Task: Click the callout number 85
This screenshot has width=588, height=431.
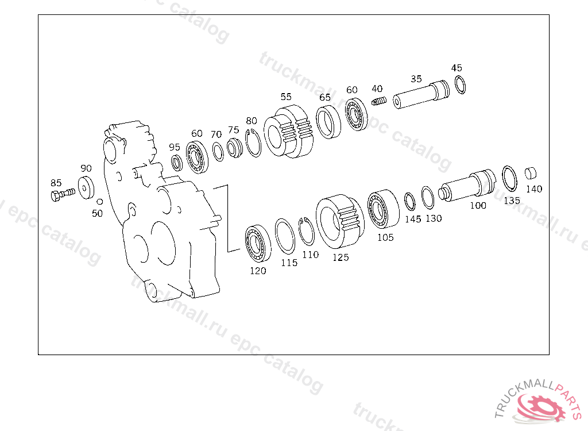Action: [x=56, y=183]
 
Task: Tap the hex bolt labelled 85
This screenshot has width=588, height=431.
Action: [x=62, y=195]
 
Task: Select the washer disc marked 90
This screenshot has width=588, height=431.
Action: [x=86, y=187]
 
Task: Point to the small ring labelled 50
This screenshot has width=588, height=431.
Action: [x=100, y=202]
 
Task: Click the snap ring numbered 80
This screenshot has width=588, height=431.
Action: [x=253, y=143]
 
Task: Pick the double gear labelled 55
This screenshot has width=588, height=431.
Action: [x=288, y=131]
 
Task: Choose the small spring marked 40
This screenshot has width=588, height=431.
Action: [x=379, y=101]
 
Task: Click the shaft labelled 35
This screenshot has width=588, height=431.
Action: [x=421, y=95]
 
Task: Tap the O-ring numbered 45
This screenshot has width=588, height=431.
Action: [x=460, y=84]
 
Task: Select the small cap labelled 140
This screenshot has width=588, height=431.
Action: [x=530, y=173]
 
